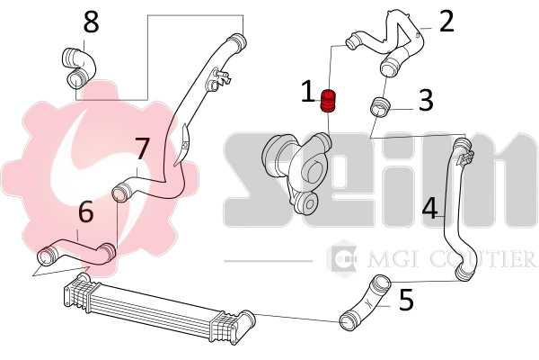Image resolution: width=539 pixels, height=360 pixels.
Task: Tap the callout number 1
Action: (308, 92)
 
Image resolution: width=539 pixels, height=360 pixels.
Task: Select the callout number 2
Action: (446, 20)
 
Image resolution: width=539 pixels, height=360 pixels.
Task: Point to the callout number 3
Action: (425, 100)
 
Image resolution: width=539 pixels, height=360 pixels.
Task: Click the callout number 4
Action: (429, 209)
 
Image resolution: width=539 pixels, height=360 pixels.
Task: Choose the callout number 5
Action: (405, 300)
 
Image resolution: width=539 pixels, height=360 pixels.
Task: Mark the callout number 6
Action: (85, 213)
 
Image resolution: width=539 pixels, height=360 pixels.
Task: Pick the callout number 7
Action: (141, 148)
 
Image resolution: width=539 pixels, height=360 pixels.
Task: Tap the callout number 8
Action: (92, 20)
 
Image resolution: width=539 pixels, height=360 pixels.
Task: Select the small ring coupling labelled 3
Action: (380, 108)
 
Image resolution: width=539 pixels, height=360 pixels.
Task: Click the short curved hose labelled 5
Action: (365, 303)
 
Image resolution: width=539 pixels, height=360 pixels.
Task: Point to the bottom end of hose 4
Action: (463, 271)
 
